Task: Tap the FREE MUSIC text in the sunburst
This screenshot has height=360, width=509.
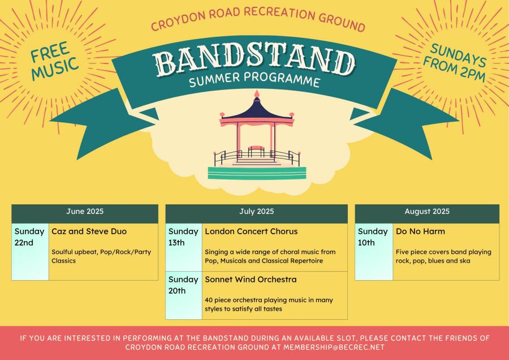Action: coord(54,61)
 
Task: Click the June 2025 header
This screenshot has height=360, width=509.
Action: coord(85,212)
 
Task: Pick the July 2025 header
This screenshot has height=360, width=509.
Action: coord(256,212)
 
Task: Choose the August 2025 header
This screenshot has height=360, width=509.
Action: coord(427,212)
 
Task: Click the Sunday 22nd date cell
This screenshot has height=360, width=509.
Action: coord(30,251)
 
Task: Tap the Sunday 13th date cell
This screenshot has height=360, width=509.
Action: coord(184,247)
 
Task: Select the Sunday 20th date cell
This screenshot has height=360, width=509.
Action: coord(184,295)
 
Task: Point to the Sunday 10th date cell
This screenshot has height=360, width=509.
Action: coord(374,251)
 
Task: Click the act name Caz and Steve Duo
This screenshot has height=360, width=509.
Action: coord(89,232)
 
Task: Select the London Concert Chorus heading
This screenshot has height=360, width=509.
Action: coord(251,232)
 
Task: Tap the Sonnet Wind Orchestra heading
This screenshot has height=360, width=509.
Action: coord(251,280)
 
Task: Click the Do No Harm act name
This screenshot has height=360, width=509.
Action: coord(420,232)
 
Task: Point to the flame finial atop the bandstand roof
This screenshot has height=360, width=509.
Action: coord(257,93)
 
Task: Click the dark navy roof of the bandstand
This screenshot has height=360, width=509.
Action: coord(256,110)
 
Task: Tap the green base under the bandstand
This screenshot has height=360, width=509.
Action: coord(257,173)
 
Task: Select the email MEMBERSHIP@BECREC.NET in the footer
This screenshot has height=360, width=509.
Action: coord(334,347)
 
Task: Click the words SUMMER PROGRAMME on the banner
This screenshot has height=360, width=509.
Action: coord(255,80)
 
